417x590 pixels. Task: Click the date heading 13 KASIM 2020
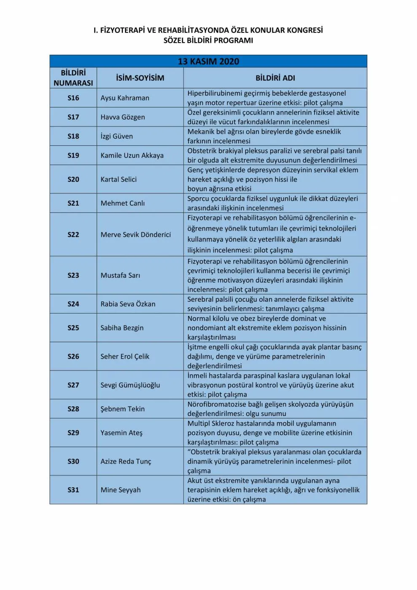tap(208, 62)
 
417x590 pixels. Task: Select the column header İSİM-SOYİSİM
tap(140, 78)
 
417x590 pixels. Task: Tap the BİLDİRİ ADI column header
tap(275, 78)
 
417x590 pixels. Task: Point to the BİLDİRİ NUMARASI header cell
tap(73, 78)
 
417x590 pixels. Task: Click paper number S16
tap(73, 98)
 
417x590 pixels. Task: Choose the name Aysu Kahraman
tap(125, 98)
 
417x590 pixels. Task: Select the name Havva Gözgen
tap(123, 117)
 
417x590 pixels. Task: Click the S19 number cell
tap(73, 156)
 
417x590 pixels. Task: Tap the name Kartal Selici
tap(118, 179)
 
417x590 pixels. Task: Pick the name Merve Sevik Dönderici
tap(136, 235)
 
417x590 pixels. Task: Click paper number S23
tap(73, 275)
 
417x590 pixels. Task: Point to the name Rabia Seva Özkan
tap(128, 304)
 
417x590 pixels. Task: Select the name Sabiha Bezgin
tap(122, 328)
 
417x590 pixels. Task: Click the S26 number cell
tap(73, 357)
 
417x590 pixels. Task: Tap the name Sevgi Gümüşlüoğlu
tap(130, 385)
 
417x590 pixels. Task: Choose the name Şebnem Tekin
tap(122, 409)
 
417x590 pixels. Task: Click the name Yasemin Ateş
tap(121, 433)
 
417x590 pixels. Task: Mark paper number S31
tap(73, 490)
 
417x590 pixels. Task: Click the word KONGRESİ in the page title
tap(304, 30)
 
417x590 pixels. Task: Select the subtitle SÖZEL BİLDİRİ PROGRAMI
tap(208, 41)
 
